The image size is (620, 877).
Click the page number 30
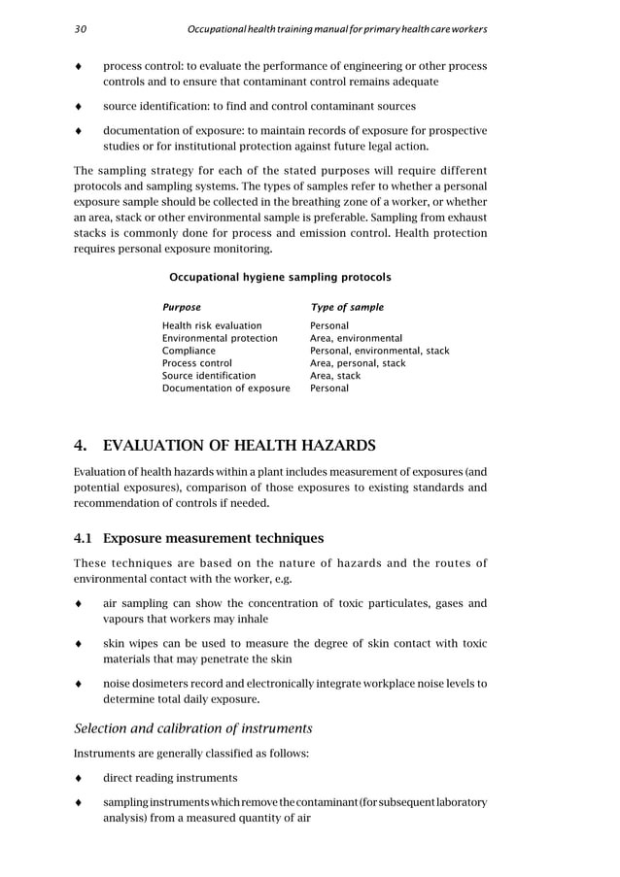click(x=80, y=30)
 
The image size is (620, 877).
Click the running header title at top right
click(x=337, y=30)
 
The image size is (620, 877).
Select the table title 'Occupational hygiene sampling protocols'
click(x=280, y=277)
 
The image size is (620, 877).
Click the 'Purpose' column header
click(x=182, y=307)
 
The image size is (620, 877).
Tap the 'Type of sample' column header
click(x=346, y=307)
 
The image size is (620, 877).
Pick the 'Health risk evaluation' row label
click(x=212, y=325)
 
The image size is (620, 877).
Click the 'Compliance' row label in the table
click(x=189, y=351)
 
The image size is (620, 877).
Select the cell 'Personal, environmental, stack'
click(x=379, y=351)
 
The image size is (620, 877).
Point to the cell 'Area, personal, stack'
click(x=358, y=363)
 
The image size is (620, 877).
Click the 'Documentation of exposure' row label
click(x=225, y=388)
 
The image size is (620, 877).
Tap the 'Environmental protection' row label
click(x=220, y=338)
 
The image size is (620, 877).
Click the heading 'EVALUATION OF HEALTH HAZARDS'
click(x=239, y=447)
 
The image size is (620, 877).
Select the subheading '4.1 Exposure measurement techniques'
click(x=199, y=537)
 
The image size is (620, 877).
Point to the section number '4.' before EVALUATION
click(x=82, y=447)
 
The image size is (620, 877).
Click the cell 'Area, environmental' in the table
click(x=356, y=338)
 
